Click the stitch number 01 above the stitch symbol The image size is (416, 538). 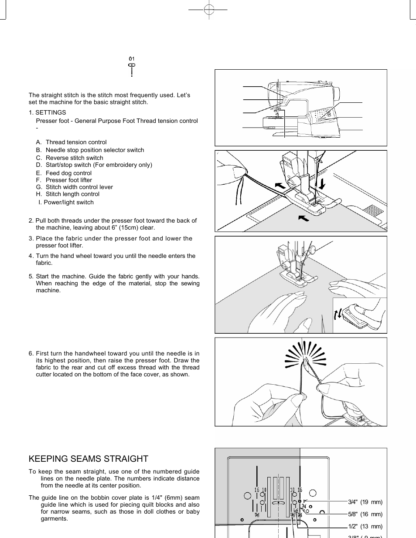132,59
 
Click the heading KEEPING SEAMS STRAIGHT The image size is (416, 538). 89,459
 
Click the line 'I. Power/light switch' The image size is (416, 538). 66,203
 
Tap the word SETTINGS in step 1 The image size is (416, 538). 51,112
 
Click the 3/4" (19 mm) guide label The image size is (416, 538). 365,502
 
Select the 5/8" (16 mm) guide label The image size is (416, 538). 365,514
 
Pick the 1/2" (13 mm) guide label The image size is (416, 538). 365,527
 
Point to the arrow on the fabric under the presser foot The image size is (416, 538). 303,217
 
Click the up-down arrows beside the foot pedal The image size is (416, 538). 338,315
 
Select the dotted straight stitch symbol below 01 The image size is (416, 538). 132,70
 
